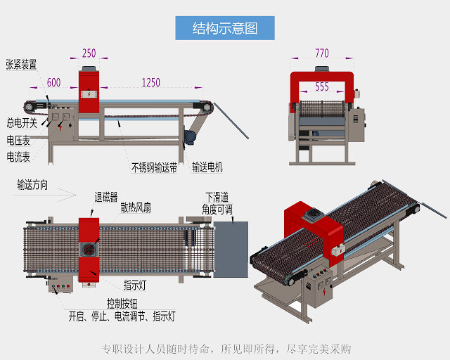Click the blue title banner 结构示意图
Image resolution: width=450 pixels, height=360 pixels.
click(225, 28)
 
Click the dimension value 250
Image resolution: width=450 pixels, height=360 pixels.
click(89, 53)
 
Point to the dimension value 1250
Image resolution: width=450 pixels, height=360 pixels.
click(150, 82)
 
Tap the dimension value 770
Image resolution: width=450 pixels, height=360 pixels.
click(321, 53)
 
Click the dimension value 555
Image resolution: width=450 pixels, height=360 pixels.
click(321, 87)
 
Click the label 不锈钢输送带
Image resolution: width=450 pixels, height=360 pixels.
click(154, 167)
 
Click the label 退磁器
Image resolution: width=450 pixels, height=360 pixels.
click(105, 196)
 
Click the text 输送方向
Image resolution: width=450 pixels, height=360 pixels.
click(32, 186)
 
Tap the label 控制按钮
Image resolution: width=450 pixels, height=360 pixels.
click(122, 303)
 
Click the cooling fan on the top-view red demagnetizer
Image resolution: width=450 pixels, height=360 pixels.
click(89, 250)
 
